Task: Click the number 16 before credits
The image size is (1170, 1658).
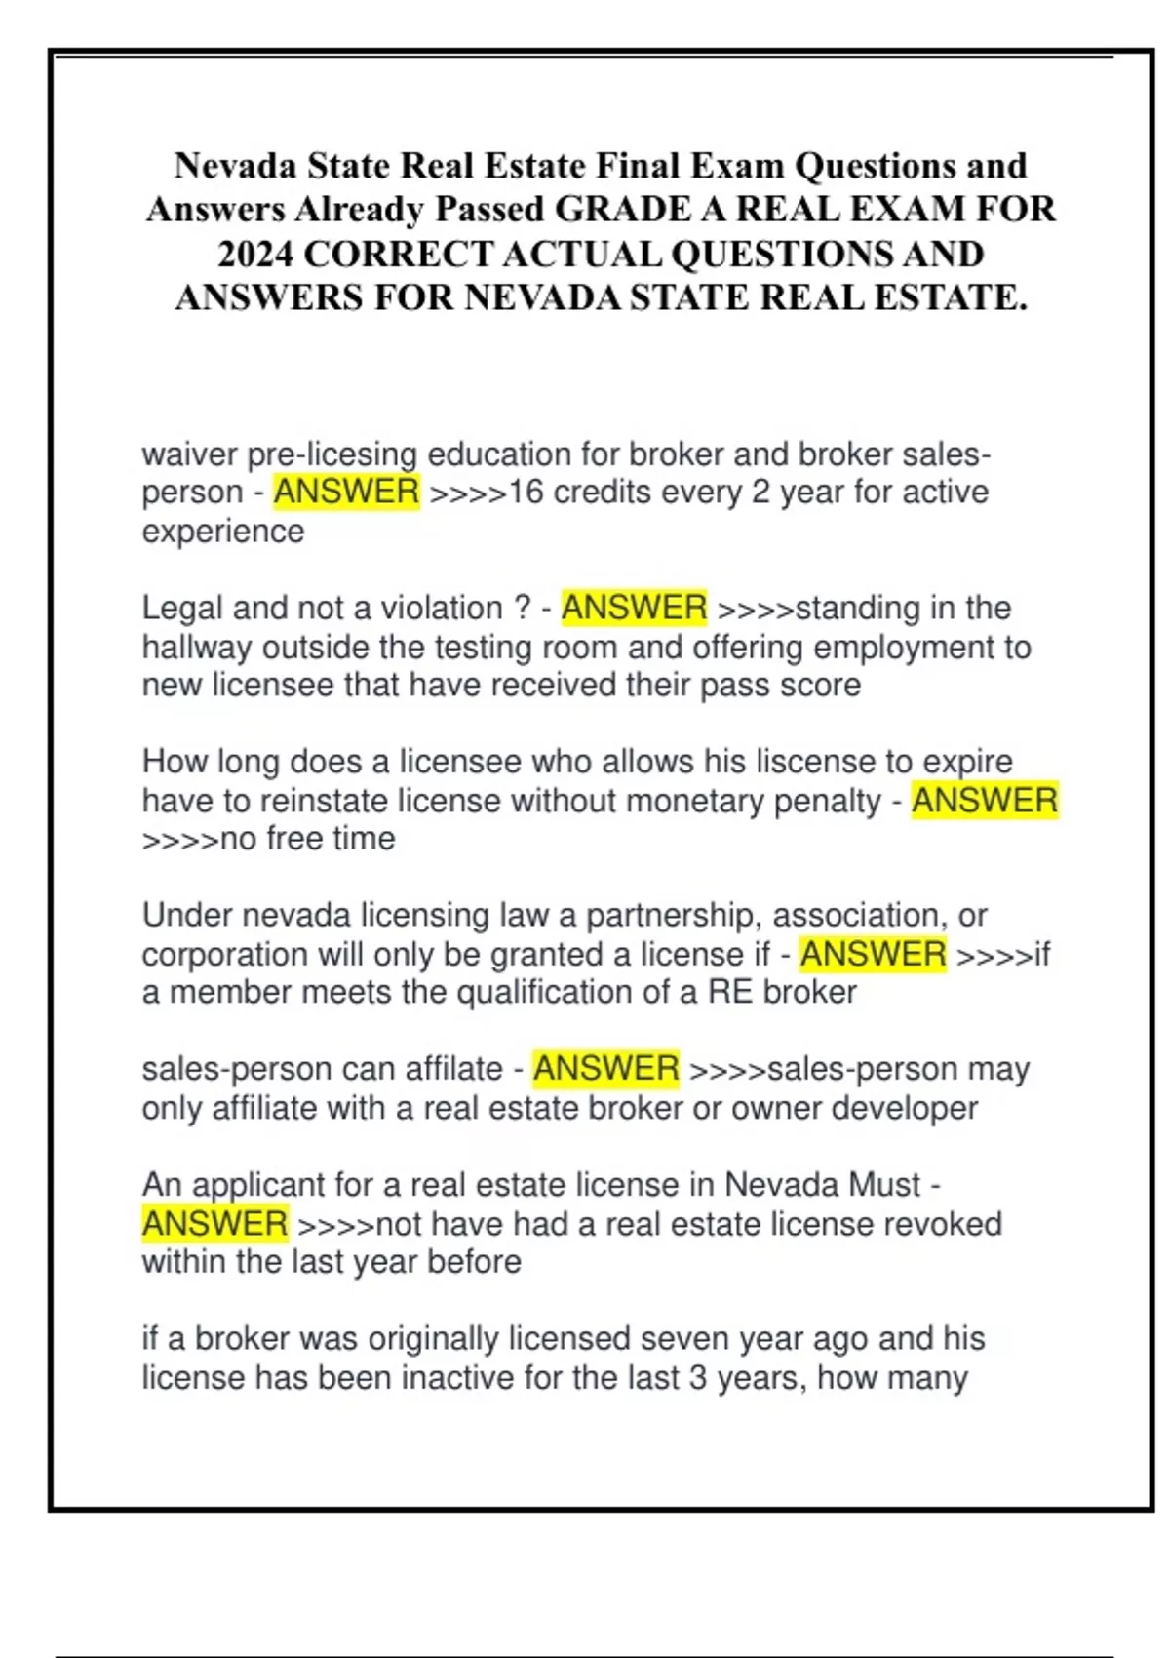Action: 526,492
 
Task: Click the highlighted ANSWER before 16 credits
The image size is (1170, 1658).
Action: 346,492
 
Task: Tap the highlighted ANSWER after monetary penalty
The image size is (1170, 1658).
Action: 984,801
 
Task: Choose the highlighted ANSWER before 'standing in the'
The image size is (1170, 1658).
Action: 634,608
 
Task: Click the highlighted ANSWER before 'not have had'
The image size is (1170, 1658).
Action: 214,1223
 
